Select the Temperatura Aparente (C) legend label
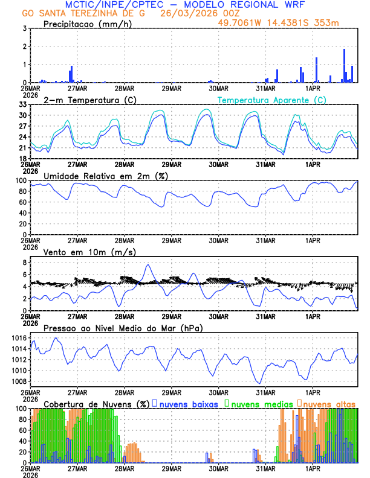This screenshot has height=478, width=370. pyautogui.click(x=271, y=100)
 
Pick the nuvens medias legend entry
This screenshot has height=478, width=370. pyautogui.click(x=258, y=403)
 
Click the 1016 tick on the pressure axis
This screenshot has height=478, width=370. pyautogui.click(x=18, y=338)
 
